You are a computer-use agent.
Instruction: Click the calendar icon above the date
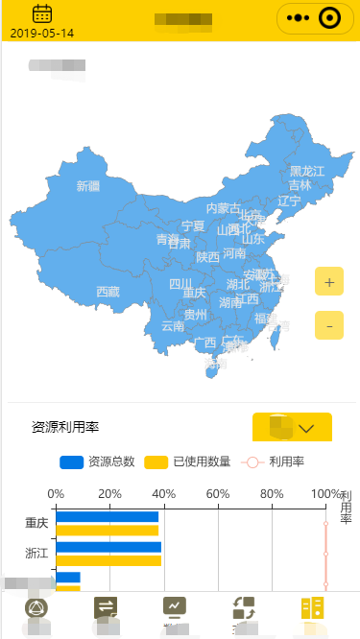pyautogui.click(x=42, y=13)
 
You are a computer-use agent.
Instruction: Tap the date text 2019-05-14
pyautogui.click(x=42, y=33)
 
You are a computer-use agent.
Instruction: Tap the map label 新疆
pyautogui.click(x=88, y=186)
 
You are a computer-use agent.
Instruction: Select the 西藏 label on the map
pyautogui.click(x=108, y=292)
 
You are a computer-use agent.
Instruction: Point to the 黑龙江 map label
pyautogui.click(x=307, y=171)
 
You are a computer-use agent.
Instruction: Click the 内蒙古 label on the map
pyautogui.click(x=224, y=208)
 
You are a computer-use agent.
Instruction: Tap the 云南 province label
pyautogui.click(x=173, y=326)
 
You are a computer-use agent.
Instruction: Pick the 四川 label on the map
pyautogui.click(x=180, y=284)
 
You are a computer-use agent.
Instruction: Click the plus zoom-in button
pyautogui.click(x=329, y=283)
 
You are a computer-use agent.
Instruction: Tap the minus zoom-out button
pyautogui.click(x=329, y=326)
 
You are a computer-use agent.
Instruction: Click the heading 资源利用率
pyautogui.click(x=65, y=427)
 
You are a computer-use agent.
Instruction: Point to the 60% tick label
pyautogui.click(x=218, y=494)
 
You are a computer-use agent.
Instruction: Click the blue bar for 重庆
pyautogui.click(x=107, y=516)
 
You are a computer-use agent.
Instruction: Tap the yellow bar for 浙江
pyautogui.click(x=108, y=560)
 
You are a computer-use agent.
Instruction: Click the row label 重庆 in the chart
pyautogui.click(x=36, y=524)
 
